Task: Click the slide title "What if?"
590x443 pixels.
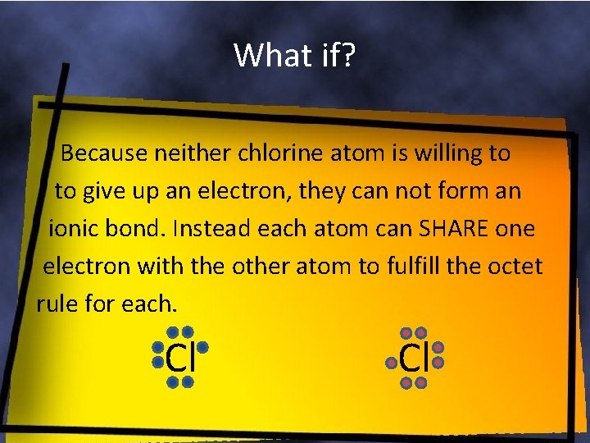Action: point(294,55)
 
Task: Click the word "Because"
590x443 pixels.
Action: point(102,153)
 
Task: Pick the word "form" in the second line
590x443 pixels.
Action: point(452,191)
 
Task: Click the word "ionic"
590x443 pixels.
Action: point(75,229)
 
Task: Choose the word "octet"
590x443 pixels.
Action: point(514,267)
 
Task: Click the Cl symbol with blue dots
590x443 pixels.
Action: point(179,358)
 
